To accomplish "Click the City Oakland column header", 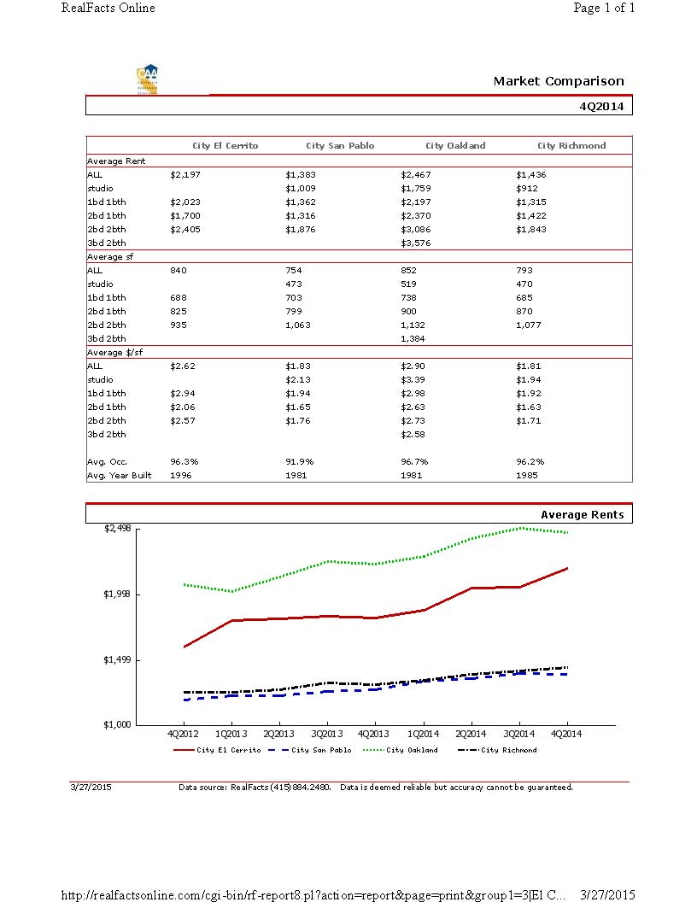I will [455, 146].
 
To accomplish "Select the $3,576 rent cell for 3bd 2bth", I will [416, 243].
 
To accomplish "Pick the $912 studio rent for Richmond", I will [527, 188].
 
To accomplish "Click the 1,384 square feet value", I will [413, 339].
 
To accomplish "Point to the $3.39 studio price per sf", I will [413, 379].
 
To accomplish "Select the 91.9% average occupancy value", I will [299, 461].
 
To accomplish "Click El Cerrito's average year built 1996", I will [181, 475].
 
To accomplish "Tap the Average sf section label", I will [110, 256].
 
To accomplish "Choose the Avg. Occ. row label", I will [107, 461].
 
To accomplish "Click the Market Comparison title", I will [559, 81].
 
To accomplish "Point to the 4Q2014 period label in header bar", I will [601, 107].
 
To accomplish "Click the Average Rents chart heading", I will [582, 515].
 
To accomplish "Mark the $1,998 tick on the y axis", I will [117, 594].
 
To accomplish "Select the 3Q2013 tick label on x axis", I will [327, 734].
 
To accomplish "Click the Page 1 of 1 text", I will [604, 9].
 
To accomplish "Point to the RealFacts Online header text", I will [108, 9].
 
